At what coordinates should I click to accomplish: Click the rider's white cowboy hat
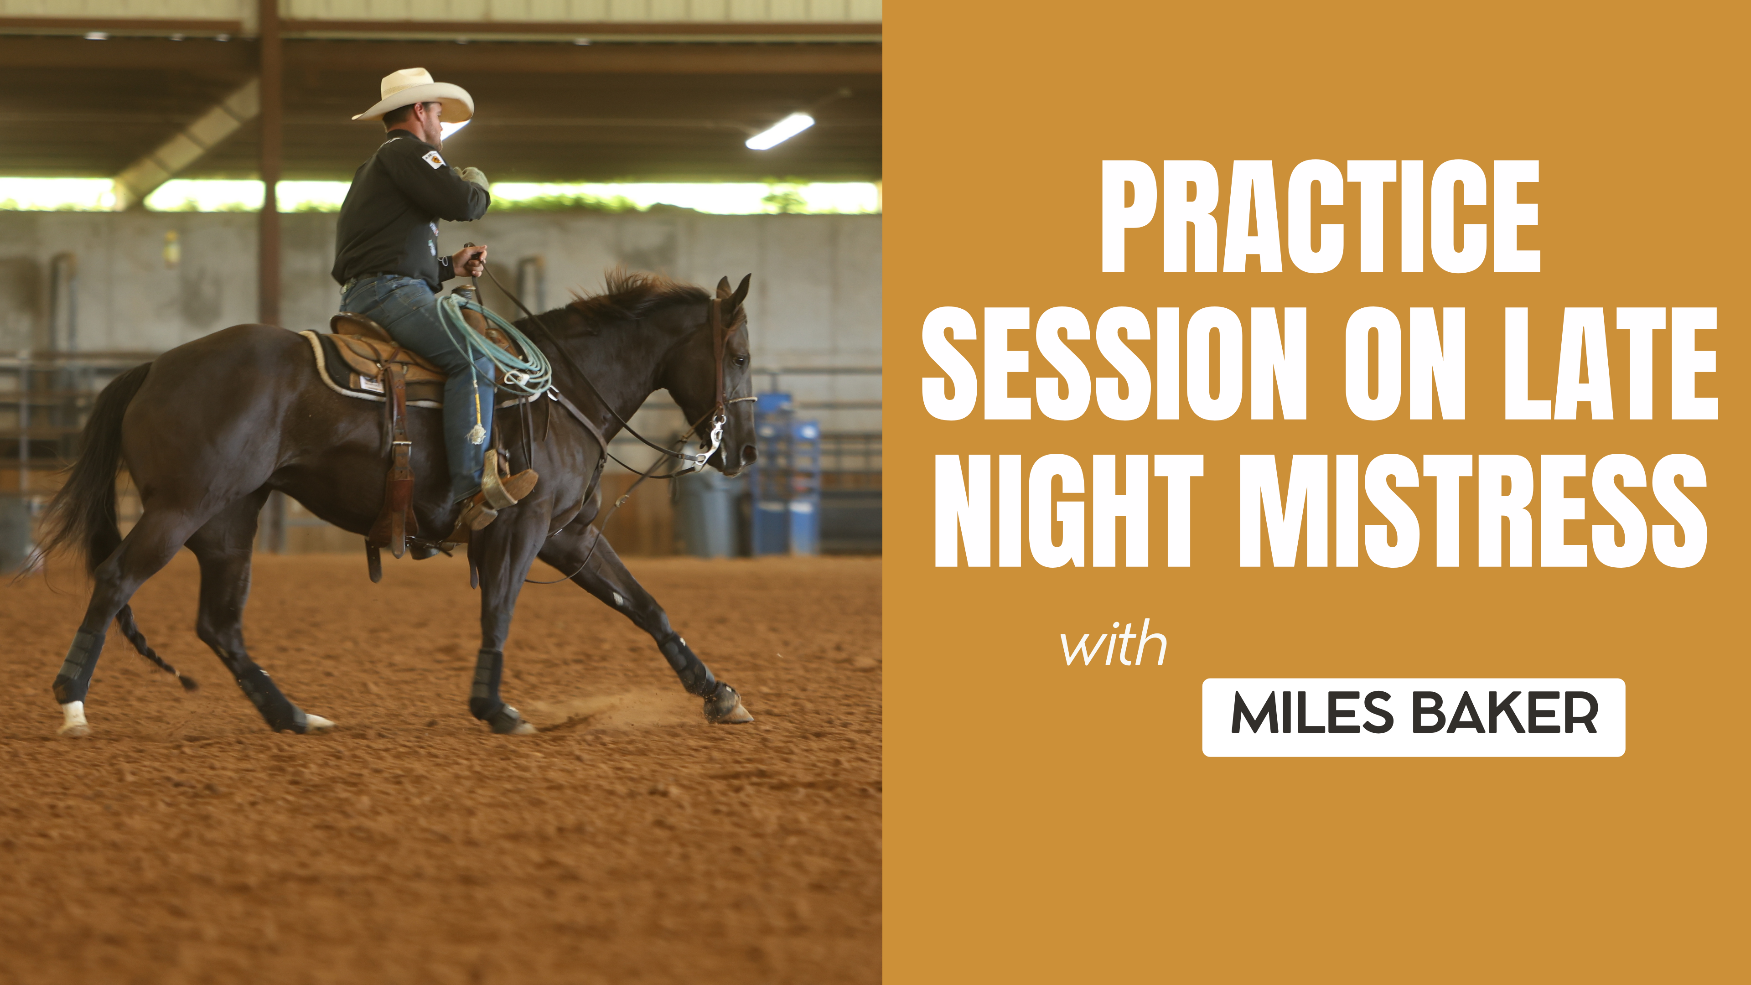(414, 95)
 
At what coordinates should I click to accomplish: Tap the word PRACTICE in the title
(1320, 217)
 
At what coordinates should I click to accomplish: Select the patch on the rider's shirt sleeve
(433, 160)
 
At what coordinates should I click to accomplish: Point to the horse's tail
(88, 476)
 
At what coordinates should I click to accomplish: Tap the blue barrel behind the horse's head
(788, 476)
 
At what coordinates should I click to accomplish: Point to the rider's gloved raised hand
(474, 176)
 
